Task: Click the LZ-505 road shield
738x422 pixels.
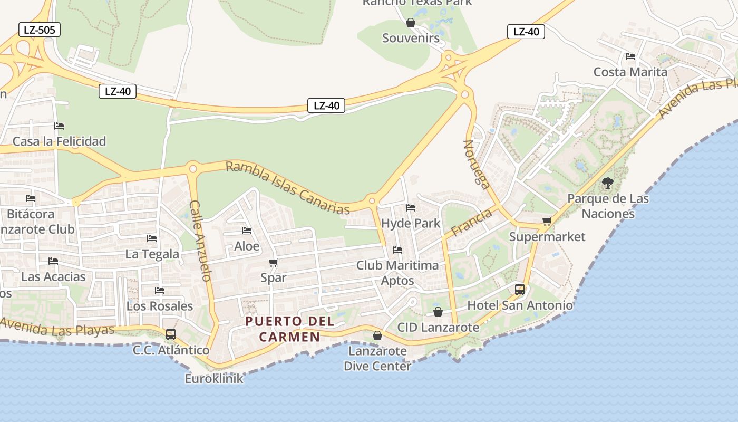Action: point(40,30)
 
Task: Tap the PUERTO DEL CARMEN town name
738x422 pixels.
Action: point(289,329)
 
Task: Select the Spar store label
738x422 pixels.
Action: point(274,277)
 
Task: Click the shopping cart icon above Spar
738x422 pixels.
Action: point(273,262)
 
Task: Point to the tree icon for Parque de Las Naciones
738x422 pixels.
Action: point(607,184)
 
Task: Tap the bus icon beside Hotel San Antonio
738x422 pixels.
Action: point(520,289)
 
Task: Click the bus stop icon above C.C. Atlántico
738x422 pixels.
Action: point(170,334)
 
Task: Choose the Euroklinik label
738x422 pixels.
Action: point(214,378)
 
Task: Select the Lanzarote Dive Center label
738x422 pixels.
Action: point(377,358)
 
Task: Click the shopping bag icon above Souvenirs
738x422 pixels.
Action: point(411,23)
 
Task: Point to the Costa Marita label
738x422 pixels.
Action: point(630,72)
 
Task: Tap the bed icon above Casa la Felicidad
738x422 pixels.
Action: point(59,126)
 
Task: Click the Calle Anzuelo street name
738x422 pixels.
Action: point(200,240)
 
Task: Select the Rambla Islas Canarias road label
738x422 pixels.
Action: point(288,188)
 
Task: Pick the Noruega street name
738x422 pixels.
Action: point(477,164)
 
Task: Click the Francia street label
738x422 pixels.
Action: point(471,222)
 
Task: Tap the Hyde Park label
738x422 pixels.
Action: point(411,223)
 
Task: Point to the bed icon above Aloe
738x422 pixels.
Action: point(246,231)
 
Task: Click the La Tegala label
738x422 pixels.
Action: point(152,254)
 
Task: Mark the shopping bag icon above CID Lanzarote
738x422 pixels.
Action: point(438,312)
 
